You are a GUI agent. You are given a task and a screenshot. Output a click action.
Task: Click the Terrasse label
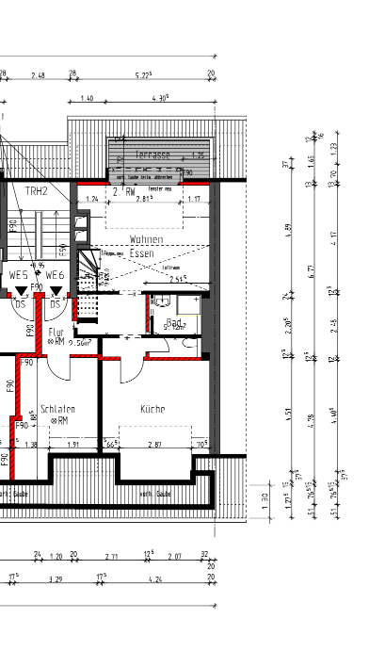click(x=152, y=154)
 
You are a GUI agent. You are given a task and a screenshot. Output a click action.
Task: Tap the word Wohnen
click(x=148, y=239)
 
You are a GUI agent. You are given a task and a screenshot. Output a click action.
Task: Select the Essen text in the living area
click(x=141, y=253)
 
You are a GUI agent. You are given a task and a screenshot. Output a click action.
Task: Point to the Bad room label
click(x=172, y=322)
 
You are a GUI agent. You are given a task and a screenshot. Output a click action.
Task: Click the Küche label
click(x=153, y=410)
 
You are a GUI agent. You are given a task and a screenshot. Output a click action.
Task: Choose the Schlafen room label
click(x=57, y=409)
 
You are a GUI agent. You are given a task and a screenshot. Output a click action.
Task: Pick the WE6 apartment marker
click(x=55, y=274)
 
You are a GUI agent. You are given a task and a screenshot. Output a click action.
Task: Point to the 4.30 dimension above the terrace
click(x=160, y=98)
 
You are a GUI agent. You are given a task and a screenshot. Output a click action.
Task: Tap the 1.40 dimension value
click(x=87, y=98)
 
